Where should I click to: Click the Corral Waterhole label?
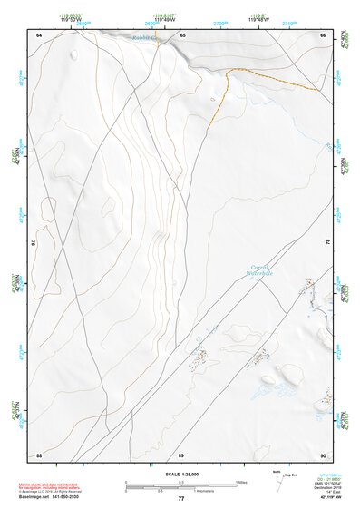[x=261, y=269]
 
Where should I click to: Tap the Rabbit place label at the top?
[x=143, y=38]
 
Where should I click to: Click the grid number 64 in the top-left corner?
[x=39, y=34]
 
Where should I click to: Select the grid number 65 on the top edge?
[x=181, y=34]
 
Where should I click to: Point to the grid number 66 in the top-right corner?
[x=322, y=34]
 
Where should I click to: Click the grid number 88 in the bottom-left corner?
[x=39, y=454]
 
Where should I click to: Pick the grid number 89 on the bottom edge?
[x=181, y=454]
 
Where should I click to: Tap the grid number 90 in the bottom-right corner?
[x=322, y=454]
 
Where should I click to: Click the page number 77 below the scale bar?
[x=181, y=498]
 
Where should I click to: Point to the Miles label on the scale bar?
[x=241, y=482]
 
